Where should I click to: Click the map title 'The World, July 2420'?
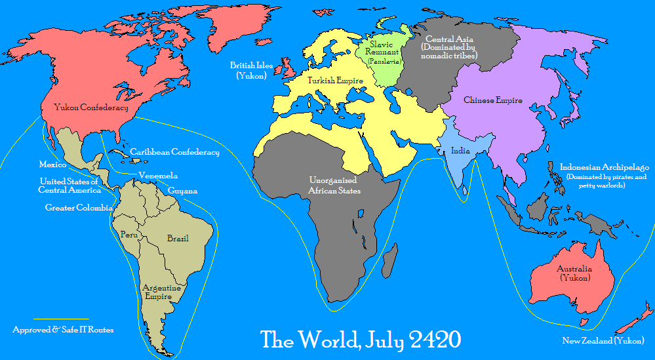pyautogui.click(x=361, y=340)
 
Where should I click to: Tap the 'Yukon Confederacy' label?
pyautogui.click(x=90, y=107)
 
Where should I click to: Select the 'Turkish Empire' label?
pyautogui.click(x=335, y=81)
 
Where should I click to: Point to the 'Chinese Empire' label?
pyautogui.click(x=492, y=100)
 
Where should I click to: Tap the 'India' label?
pyautogui.click(x=460, y=151)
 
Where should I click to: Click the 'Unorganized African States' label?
pyautogui.click(x=334, y=185)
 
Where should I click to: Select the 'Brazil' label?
pyautogui.click(x=178, y=238)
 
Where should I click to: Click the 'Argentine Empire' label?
pyautogui.click(x=162, y=291)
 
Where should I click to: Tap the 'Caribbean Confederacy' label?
pyautogui.click(x=174, y=152)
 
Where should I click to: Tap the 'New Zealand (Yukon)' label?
pyautogui.click(x=603, y=340)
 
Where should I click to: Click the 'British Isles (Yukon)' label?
pyautogui.click(x=247, y=70)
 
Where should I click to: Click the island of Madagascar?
pyautogui.click(x=389, y=260)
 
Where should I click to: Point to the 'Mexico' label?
pyautogui.click(x=52, y=165)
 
